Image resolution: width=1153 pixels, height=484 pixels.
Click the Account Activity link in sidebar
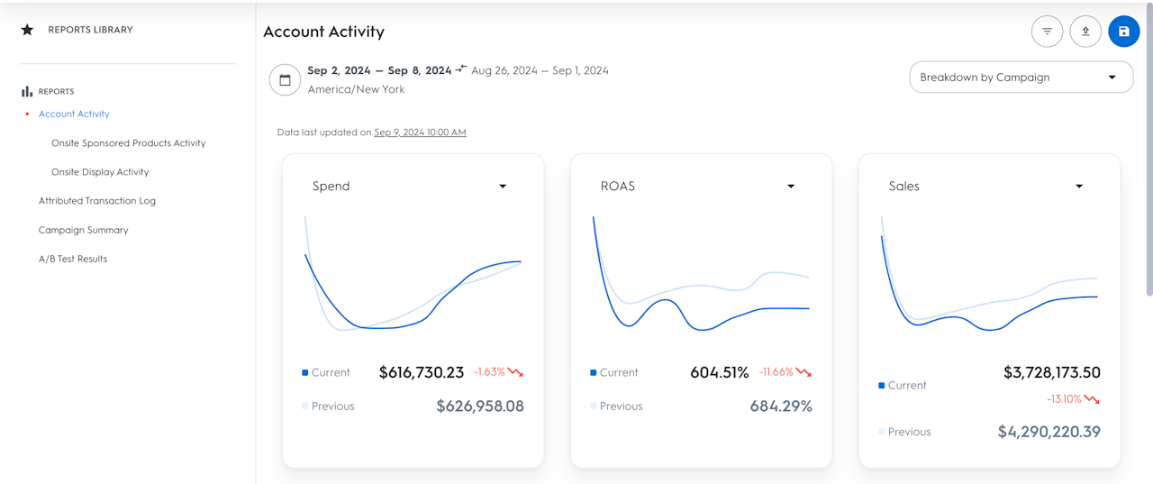pos(74,114)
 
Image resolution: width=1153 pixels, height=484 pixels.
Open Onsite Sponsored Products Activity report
pos(128,143)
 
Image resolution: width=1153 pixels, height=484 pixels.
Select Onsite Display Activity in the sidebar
pos(100,172)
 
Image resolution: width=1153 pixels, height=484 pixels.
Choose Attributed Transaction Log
pos(97,201)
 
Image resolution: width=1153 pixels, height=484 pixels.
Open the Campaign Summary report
pos(83,230)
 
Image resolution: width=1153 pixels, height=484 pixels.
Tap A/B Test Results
pos(73,259)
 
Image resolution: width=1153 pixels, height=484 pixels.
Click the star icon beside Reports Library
pos(27,30)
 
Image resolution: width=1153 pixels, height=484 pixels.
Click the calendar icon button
pos(285,79)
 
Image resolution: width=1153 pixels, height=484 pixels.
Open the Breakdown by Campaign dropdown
pos(1021,78)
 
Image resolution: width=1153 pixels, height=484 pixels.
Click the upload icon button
pos(1085,32)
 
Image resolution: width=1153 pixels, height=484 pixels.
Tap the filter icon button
pos(1047,32)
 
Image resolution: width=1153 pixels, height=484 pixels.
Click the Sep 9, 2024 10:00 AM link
pos(420,132)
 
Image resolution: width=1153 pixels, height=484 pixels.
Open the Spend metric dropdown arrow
pos(503,187)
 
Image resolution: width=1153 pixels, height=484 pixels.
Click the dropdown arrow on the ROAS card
pos(791,187)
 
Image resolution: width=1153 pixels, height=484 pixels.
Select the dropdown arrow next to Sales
pos(1079,187)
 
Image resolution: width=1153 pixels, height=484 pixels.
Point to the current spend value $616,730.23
pos(422,372)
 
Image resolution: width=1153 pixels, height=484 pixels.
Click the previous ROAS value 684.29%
pos(781,406)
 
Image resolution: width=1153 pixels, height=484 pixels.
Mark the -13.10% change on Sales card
pos(1064,399)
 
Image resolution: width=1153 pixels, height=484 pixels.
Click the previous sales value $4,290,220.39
pos(1049,432)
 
